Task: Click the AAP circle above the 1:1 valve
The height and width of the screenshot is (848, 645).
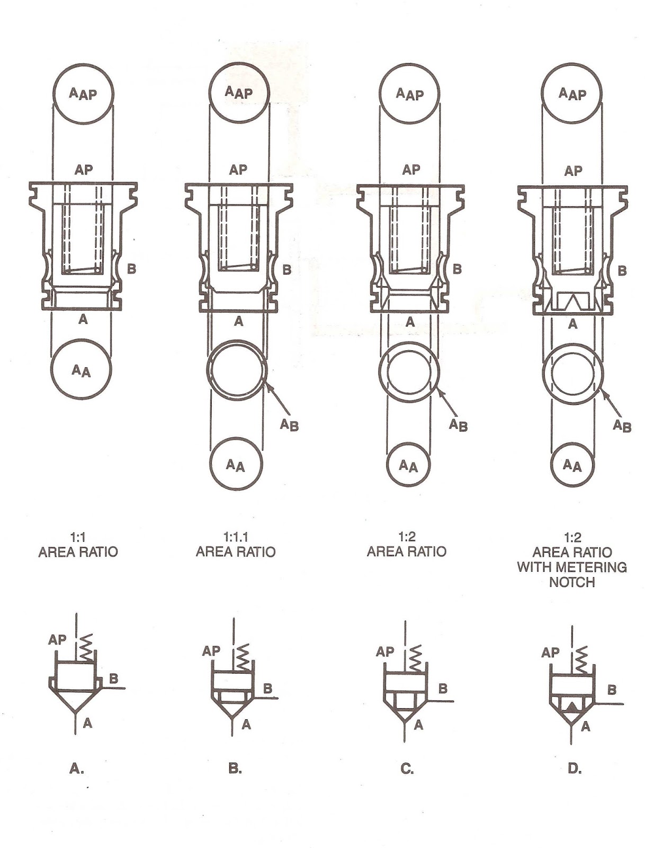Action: [x=83, y=94]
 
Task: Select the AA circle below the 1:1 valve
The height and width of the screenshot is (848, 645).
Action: [x=82, y=370]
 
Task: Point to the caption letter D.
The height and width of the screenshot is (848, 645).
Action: [x=574, y=768]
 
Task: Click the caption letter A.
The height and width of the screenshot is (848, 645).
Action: [x=77, y=768]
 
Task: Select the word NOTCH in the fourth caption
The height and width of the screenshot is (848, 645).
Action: [x=572, y=582]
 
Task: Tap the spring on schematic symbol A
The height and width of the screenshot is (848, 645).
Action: [x=86, y=647]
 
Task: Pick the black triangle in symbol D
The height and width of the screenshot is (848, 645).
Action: [x=572, y=707]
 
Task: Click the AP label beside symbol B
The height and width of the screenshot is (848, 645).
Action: [x=211, y=650]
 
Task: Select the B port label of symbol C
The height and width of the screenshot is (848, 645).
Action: [x=443, y=688]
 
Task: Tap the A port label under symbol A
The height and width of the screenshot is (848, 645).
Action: [x=88, y=722]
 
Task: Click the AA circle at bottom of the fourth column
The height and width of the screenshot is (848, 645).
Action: [x=572, y=466]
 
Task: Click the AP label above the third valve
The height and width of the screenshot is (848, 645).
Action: [x=411, y=170]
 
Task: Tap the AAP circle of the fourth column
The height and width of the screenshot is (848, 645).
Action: [x=572, y=94]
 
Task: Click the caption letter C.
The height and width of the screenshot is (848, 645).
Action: [x=407, y=768]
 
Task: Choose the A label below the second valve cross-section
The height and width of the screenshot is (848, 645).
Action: [x=238, y=321]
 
